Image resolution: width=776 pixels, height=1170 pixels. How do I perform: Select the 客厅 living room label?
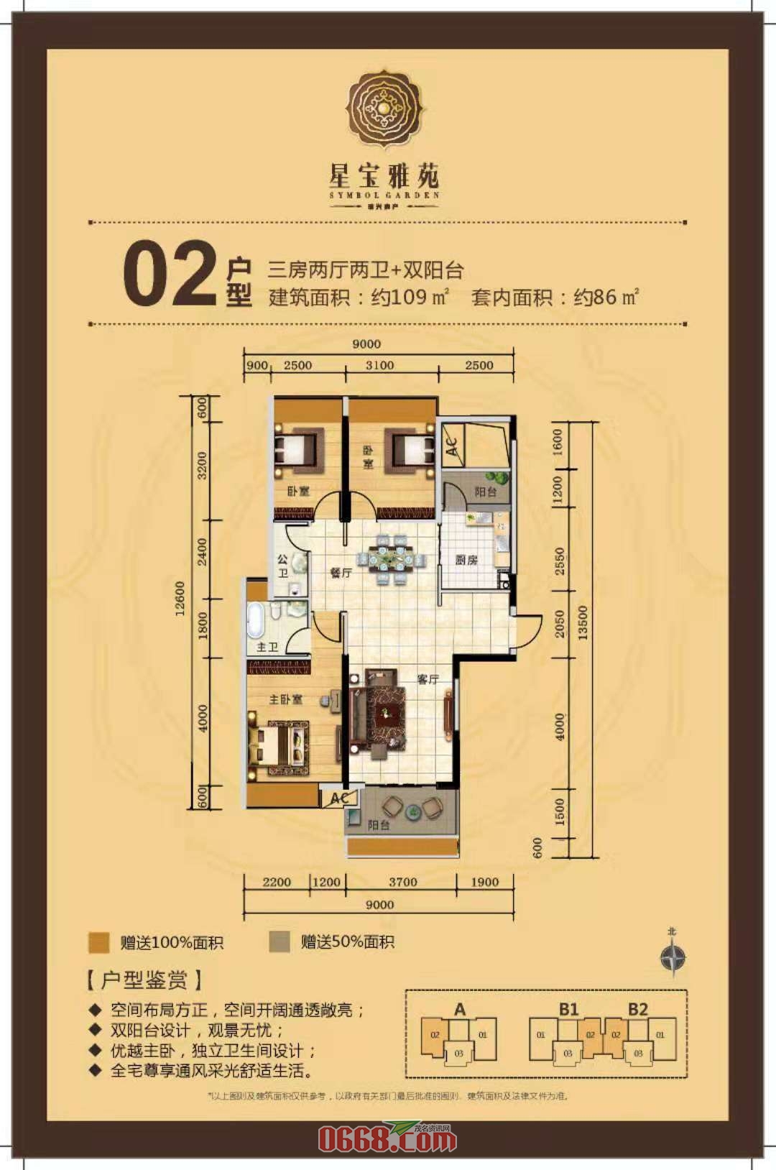tap(428, 678)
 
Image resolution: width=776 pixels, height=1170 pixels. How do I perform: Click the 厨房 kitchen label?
tap(466, 560)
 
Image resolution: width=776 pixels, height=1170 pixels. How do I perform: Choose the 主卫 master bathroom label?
tap(267, 647)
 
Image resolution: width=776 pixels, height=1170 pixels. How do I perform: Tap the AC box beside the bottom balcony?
tap(340, 798)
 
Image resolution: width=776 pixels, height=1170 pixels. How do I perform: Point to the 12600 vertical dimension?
tap(180, 598)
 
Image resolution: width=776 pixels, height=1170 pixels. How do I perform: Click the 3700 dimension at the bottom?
tap(402, 882)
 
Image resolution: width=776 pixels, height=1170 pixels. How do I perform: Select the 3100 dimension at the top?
tap(379, 365)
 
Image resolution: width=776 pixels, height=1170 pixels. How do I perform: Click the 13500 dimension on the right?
tap(583, 622)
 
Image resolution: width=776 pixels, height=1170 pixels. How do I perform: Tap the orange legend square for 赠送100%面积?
tap(98, 942)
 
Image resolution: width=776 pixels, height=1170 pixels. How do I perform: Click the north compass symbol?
tap(673, 957)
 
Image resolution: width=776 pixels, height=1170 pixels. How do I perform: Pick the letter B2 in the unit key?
tap(637, 1008)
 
